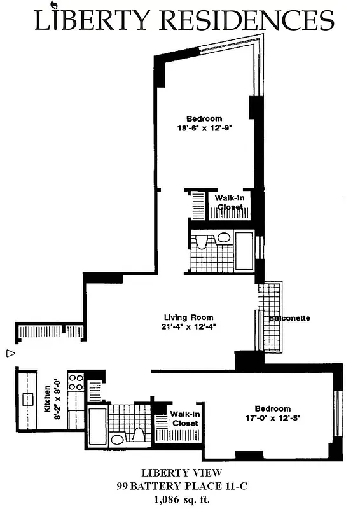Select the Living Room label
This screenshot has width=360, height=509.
(x=188, y=317)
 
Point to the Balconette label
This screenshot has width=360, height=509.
(x=289, y=318)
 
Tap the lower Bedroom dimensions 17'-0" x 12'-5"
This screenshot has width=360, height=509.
(x=272, y=419)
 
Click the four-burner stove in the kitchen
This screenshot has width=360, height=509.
(x=76, y=382)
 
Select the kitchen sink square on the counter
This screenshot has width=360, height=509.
(x=29, y=400)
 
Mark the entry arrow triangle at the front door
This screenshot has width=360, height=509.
(x=10, y=352)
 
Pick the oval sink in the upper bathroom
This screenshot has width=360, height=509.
(x=223, y=237)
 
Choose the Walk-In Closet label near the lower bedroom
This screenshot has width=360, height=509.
(x=184, y=418)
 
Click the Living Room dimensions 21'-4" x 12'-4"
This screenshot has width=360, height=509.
(x=188, y=328)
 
